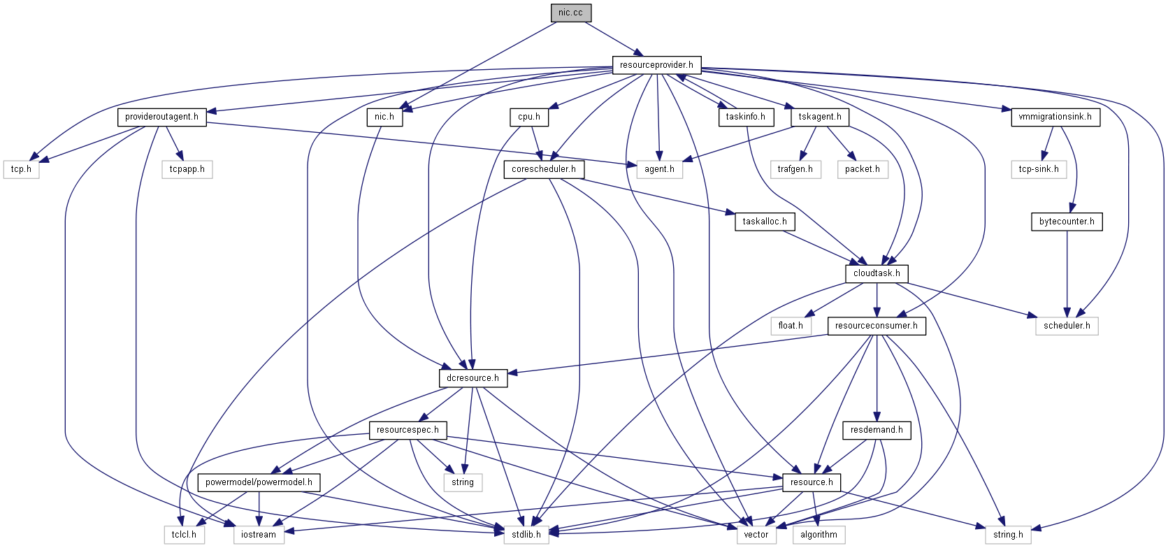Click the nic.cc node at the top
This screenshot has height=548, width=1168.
coord(570,13)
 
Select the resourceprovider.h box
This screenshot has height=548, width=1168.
coord(656,65)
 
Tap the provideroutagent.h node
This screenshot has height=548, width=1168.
coord(161,117)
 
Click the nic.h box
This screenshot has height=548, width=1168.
coord(384,117)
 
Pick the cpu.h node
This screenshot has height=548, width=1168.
coord(529,117)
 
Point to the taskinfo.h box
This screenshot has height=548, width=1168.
coord(745,117)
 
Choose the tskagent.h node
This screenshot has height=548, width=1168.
coord(820,117)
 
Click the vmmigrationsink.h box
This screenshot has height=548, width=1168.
coord(1055,117)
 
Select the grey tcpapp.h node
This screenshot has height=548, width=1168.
coord(187,169)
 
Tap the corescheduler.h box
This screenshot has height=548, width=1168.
coord(544,169)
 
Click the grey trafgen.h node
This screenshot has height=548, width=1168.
coord(795,169)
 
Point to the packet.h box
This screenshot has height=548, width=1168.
coord(862,169)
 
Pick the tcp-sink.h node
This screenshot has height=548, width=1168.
coord(1038,169)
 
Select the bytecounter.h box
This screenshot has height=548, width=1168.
coord(1067,222)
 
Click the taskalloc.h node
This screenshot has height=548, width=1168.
coord(765,222)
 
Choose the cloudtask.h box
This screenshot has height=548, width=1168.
coord(877,273)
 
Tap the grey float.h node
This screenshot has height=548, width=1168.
coord(791,326)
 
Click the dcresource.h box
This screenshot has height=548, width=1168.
coord(473,378)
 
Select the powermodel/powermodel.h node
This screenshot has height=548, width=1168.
coord(259,482)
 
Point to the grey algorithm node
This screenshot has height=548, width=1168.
coord(819,535)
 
